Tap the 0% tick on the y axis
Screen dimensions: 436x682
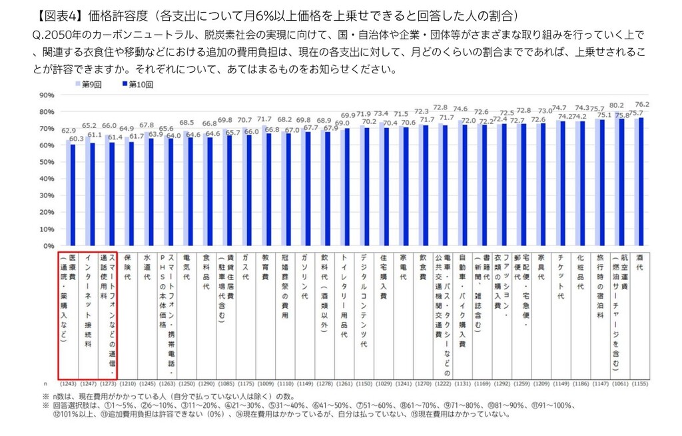coord(48,246)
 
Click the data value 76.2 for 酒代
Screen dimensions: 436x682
coord(642,104)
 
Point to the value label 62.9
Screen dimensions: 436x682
coord(68,131)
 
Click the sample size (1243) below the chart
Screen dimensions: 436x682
coord(69,385)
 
